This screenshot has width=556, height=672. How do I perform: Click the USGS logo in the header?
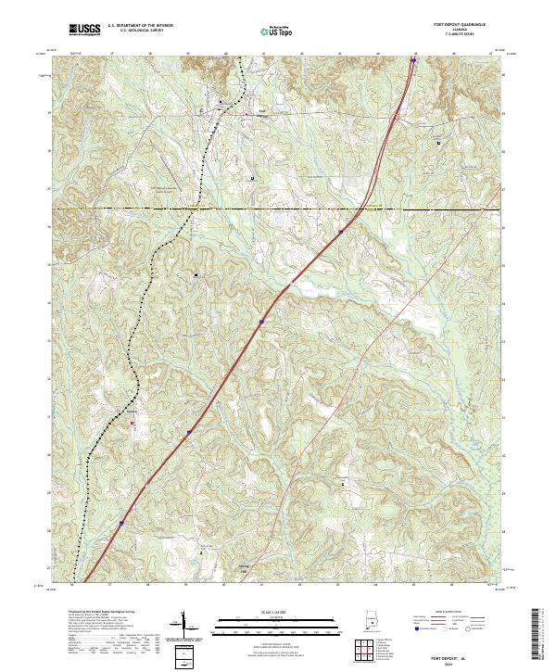click(85, 30)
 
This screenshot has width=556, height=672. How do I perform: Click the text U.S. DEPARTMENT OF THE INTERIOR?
click(140, 26)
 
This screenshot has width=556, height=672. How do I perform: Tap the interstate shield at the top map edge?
click(412, 62)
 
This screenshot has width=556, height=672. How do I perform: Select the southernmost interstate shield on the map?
click(121, 523)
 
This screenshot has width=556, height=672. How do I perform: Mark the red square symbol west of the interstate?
click(132, 424)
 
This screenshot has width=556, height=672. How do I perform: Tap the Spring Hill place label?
click(245, 566)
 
